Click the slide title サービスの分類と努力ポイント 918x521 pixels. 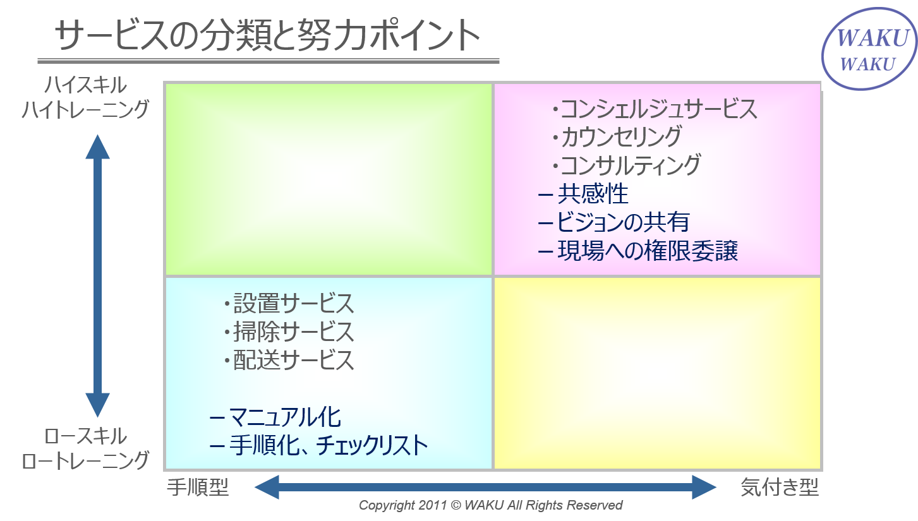tap(267, 35)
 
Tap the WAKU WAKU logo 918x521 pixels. tap(869, 49)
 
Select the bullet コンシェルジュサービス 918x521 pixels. tap(655, 109)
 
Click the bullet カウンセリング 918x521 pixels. tap(617, 137)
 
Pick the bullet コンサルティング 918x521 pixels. tap(626, 165)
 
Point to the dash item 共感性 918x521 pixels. tap(583, 194)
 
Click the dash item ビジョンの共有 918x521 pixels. tap(613, 222)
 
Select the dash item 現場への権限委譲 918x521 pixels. tap(637, 251)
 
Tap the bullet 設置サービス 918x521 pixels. tap(289, 304)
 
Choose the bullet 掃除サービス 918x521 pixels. tap(289, 332)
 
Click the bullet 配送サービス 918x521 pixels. tap(289, 360)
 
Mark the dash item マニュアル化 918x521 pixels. tap(275, 417)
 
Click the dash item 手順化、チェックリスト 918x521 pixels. tap(318, 446)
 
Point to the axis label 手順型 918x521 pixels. tap(198, 488)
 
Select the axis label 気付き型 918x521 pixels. tap(780, 488)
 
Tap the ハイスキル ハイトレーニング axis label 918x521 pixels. tap(85, 97)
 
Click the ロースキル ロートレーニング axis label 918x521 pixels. tap(85, 448)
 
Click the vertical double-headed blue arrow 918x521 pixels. tap(97, 276)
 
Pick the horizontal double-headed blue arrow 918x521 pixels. tap(485, 488)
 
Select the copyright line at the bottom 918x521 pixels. tap(490, 505)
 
